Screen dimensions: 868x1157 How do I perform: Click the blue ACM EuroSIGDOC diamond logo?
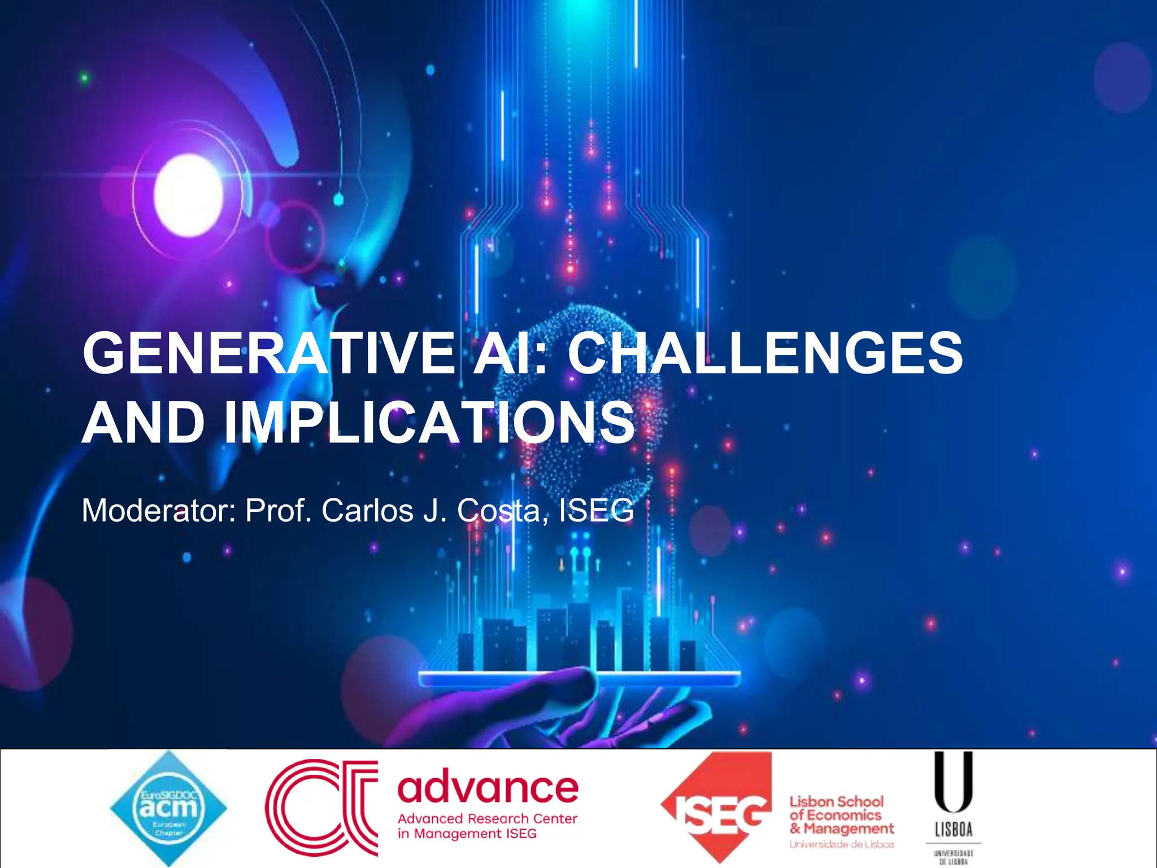pyautogui.click(x=168, y=808)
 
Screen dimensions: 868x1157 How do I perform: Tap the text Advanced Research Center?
pyautogui.click(x=488, y=819)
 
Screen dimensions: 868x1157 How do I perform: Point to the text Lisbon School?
pyautogui.click(x=836, y=801)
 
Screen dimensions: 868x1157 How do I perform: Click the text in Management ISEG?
pyautogui.click(x=467, y=834)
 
